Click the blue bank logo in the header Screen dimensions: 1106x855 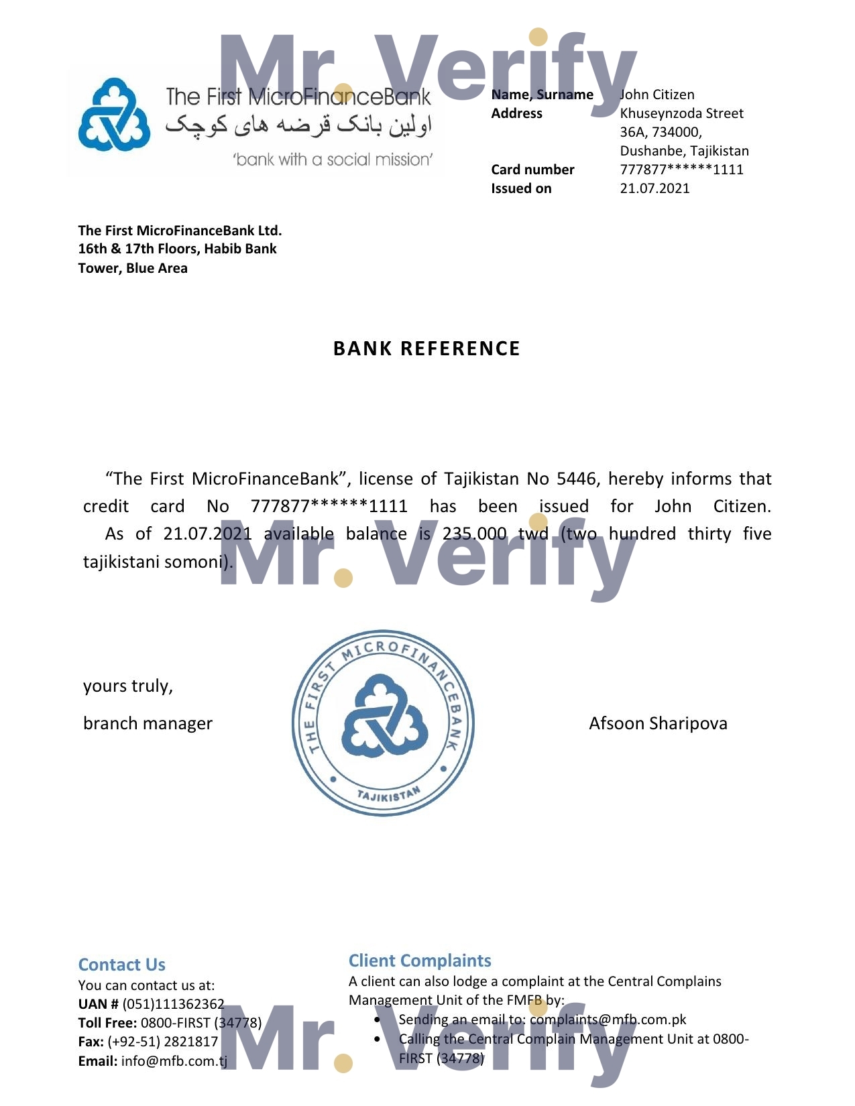point(114,115)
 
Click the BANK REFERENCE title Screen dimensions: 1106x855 point(426,349)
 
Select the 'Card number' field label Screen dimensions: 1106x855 point(532,170)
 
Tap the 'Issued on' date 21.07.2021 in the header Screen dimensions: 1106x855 point(654,188)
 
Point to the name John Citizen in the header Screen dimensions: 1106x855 point(657,95)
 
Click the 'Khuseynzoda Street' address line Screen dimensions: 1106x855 point(681,113)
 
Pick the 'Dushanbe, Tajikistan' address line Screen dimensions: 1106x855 point(684,151)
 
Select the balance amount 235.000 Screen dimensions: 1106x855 point(474,534)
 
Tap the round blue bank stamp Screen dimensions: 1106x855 point(383,723)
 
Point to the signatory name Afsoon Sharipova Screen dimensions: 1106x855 point(658,723)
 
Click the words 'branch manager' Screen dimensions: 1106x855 point(148,723)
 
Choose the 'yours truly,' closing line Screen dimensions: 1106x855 point(128,686)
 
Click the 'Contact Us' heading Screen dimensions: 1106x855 point(121,965)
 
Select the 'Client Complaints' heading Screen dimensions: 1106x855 point(420,961)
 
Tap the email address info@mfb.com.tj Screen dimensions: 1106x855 point(174,1061)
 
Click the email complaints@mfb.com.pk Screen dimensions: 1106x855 point(608,1020)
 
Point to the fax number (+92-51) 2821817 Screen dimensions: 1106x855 point(162,1042)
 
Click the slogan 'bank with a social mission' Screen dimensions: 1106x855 point(333,160)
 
